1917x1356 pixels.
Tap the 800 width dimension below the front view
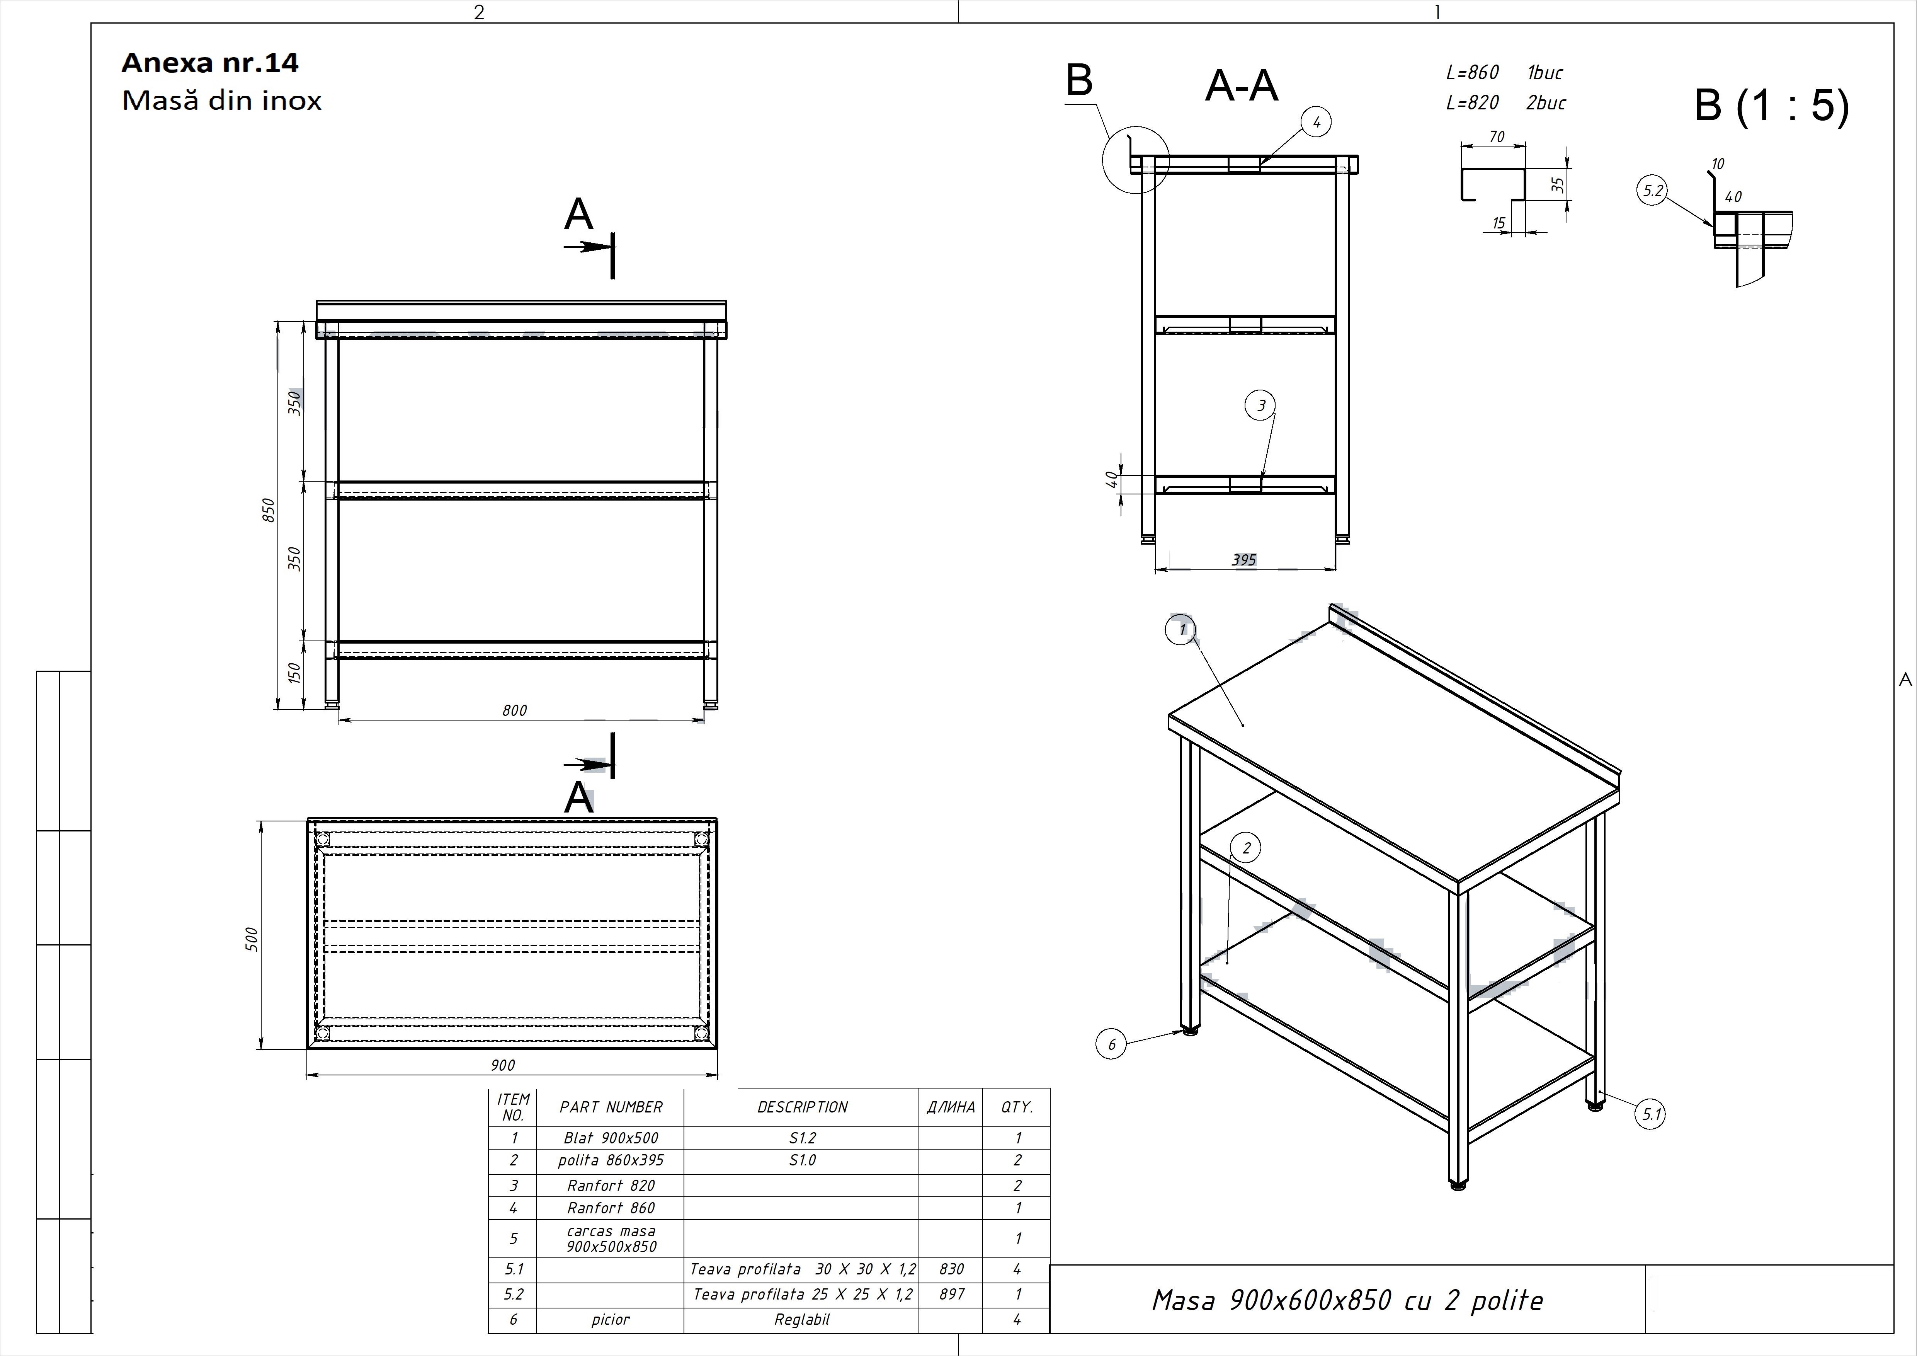point(514,710)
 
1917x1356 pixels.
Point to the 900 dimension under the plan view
point(503,1065)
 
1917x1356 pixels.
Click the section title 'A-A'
point(1242,86)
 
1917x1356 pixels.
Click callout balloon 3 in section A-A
point(1261,406)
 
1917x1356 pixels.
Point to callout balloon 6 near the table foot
point(1111,1044)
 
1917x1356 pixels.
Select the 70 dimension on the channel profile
point(1497,136)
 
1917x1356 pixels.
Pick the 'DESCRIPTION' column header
point(801,1107)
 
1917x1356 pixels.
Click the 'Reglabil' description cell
point(801,1319)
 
